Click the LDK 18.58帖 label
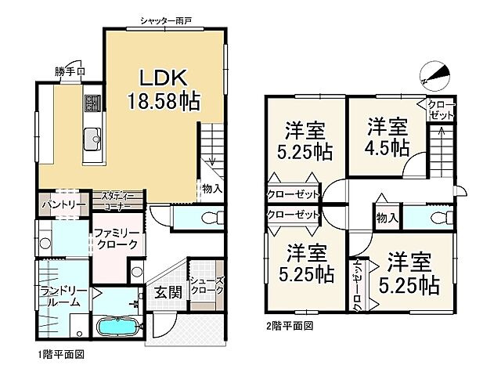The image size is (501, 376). click(x=162, y=89)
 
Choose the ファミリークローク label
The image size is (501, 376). click(x=117, y=239)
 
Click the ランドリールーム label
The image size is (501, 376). click(x=59, y=296)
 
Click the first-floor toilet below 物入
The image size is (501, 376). click(x=207, y=215)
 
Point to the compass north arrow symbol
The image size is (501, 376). click(x=434, y=75)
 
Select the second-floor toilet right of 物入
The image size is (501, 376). click(x=431, y=217)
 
